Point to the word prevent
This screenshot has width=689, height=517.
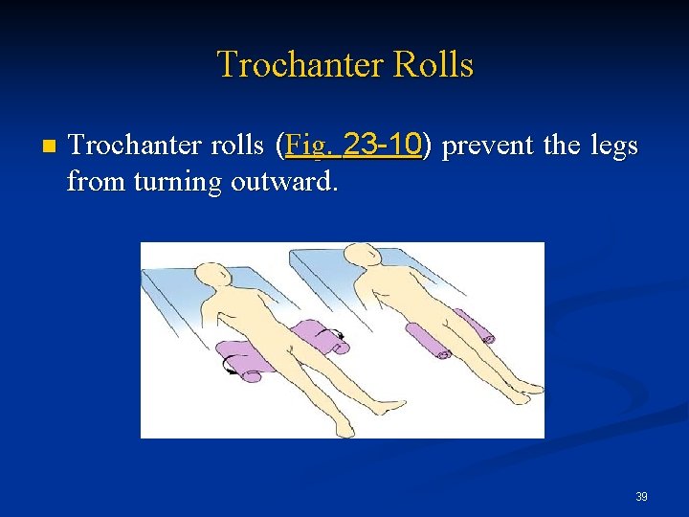pyautogui.click(x=489, y=146)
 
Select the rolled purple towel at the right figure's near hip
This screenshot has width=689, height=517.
pyautogui.click(x=426, y=341)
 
